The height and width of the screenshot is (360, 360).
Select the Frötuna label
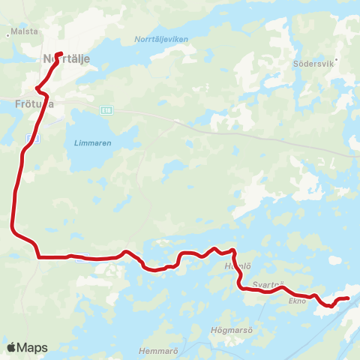point(33,104)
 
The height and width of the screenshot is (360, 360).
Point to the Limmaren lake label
point(91,142)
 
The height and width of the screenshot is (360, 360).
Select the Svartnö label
point(268,284)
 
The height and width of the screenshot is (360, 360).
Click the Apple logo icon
point(11,347)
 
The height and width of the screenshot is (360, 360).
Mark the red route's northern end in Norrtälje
point(58,53)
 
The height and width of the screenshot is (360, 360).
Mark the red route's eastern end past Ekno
point(348,299)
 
